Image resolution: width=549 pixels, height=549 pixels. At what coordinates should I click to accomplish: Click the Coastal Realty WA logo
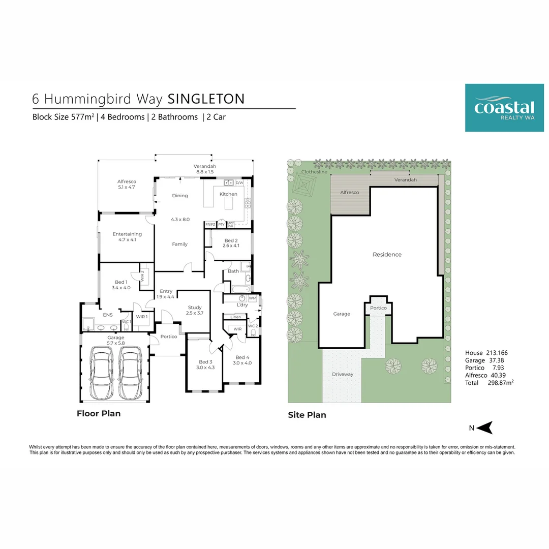pos(504,108)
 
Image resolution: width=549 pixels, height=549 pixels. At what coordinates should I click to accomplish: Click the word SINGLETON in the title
pos(206,99)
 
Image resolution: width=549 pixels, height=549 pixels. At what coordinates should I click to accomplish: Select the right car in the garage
pos(129,374)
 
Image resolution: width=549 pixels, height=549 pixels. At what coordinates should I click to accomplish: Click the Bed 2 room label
pos(230,243)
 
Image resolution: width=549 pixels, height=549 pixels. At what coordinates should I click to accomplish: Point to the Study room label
pos(195,310)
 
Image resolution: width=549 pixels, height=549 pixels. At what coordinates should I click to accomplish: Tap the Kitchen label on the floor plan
pos(228,194)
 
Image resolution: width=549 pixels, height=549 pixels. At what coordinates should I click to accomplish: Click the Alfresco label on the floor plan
pos(126,184)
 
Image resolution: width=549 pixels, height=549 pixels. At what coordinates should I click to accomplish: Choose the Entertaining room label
pos(127,237)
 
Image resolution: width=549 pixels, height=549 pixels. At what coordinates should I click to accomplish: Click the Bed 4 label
pos(242,360)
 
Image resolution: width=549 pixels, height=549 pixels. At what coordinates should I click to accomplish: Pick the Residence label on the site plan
pos(387,255)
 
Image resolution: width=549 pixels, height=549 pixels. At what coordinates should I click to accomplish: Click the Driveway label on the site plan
pos(342,375)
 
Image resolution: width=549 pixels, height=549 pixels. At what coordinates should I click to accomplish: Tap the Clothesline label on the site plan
pos(314,172)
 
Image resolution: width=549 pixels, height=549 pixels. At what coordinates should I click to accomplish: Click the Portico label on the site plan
pos(378,308)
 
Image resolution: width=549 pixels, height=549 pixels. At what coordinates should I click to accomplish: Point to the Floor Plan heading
pos(99,413)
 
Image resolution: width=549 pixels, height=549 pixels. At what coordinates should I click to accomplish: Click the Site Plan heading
pos(307,415)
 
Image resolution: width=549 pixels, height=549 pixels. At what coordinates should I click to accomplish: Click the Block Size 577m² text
pos(63,117)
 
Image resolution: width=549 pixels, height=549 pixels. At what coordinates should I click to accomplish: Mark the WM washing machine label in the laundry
pos(253,298)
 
